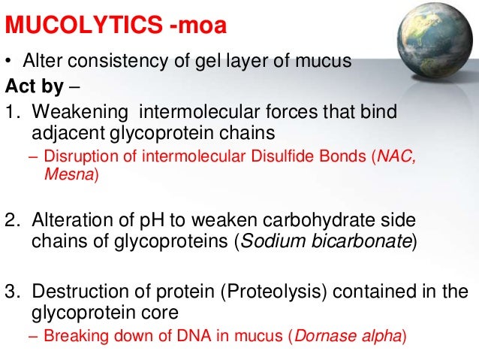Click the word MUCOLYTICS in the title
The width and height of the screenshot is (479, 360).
83,28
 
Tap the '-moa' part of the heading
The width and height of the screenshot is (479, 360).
198,28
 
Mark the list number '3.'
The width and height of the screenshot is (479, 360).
14,291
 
